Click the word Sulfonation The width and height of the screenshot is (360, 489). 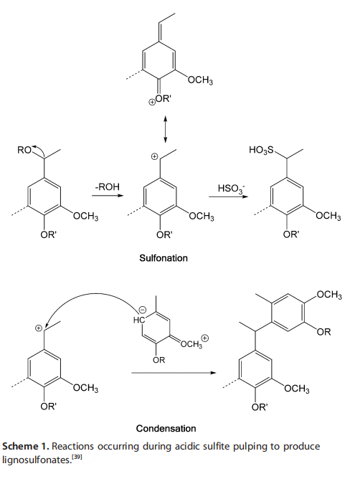point(164,258)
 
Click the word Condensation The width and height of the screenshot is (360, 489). point(166,429)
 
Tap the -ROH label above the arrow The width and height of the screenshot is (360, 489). point(107,187)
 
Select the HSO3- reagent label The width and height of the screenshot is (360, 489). point(231,189)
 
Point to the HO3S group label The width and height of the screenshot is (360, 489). point(261,151)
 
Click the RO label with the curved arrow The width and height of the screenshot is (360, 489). point(24,150)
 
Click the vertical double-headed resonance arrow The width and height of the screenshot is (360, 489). point(166,130)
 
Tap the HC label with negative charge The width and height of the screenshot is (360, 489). point(139,320)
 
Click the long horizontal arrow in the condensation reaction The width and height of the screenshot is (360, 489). point(174,373)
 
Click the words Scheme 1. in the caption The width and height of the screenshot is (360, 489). point(26,446)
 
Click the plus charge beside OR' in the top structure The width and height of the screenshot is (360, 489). point(151,102)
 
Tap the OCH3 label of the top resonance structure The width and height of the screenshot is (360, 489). point(200,80)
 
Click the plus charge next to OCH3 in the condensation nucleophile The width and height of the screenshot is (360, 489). point(204,338)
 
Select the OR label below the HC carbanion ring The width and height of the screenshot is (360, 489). point(158,360)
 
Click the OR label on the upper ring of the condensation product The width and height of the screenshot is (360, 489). point(323,332)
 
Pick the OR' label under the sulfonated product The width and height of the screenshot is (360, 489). point(290,234)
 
